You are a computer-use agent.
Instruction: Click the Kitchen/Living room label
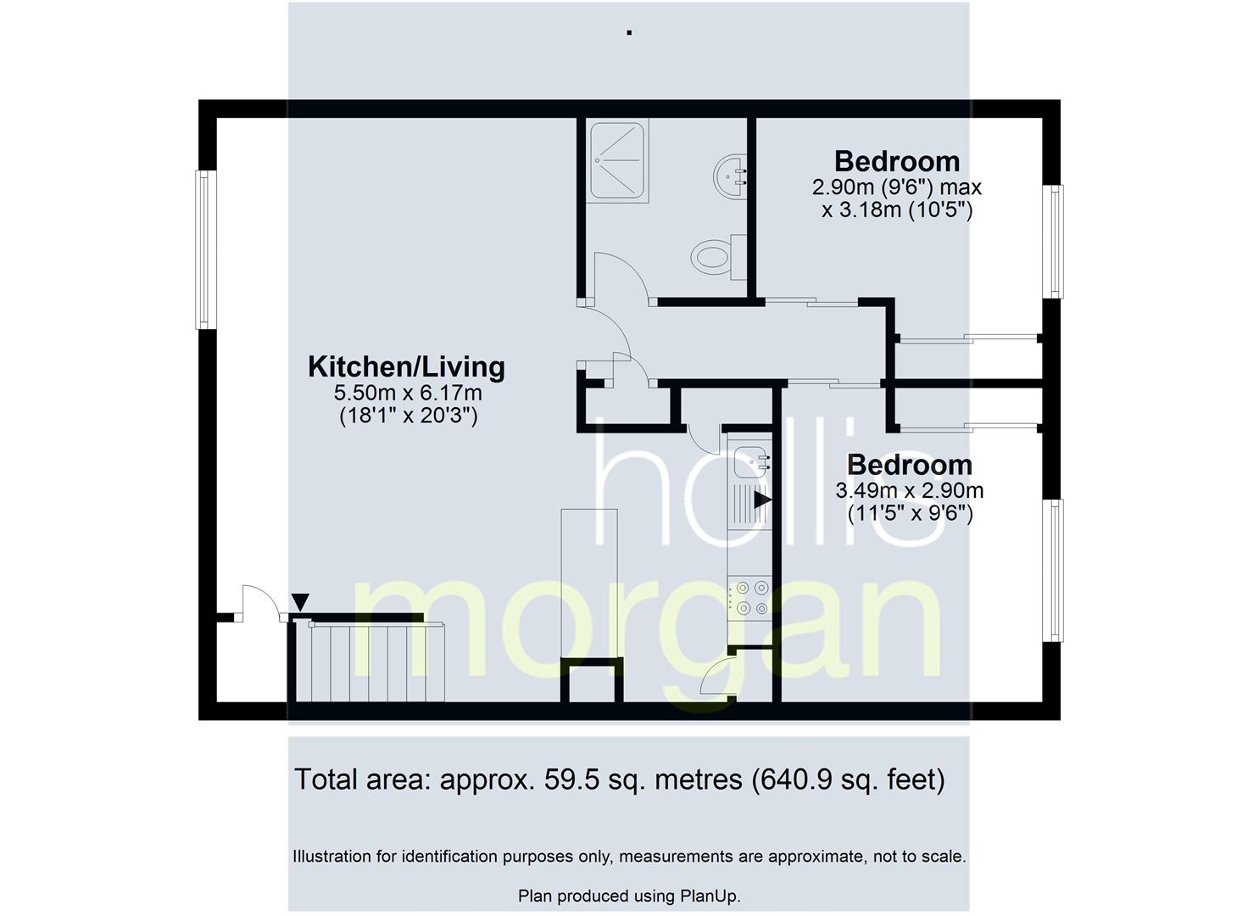(x=406, y=366)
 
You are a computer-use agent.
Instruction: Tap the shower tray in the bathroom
(x=617, y=160)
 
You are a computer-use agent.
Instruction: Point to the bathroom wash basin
(x=730, y=176)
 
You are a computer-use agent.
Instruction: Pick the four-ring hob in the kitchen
(x=749, y=598)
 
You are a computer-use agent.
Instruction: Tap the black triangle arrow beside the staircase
(x=300, y=602)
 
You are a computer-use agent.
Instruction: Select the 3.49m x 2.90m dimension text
(x=910, y=490)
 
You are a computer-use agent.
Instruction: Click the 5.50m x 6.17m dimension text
(x=408, y=393)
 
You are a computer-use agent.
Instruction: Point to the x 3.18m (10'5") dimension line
(x=897, y=210)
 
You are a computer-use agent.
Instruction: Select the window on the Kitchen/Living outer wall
(x=206, y=249)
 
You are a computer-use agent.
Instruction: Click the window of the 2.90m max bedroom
(x=1053, y=242)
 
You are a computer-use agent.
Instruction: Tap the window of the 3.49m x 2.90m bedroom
(x=1053, y=571)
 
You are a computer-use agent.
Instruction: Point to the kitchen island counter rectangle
(x=589, y=584)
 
